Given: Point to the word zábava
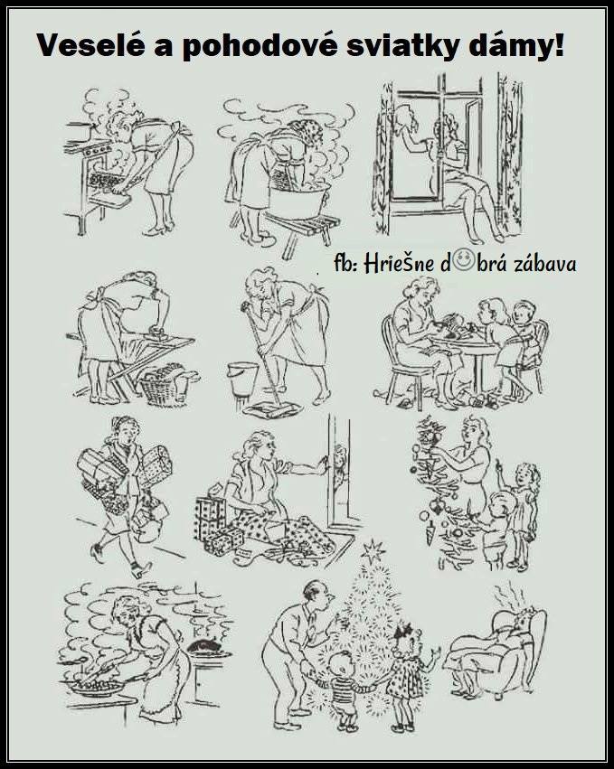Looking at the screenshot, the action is coord(544,263).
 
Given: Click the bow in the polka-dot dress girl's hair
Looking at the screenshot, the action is coord(407,629).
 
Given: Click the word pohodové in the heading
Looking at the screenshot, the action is coord(256,47).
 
